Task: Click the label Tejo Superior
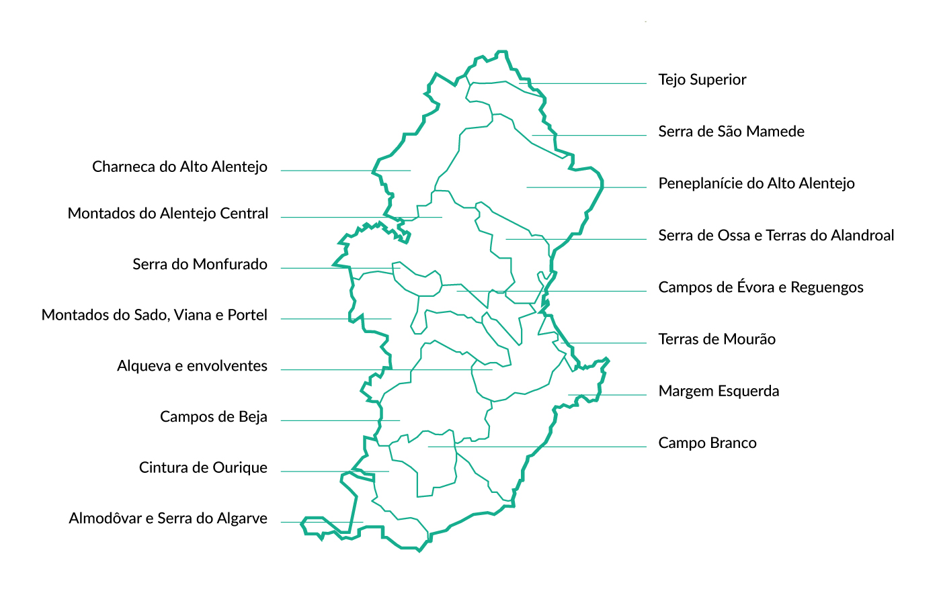[702, 80]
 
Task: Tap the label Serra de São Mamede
[731, 132]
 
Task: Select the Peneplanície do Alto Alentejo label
[756, 183]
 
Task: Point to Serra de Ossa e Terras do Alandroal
[776, 236]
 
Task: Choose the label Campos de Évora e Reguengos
[760, 287]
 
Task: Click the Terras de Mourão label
[717, 339]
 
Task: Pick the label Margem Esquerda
[719, 392]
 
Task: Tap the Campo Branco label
[707, 443]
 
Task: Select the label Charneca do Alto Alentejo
[179, 167]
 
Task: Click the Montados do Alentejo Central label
[168, 214]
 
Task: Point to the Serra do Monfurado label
[200, 265]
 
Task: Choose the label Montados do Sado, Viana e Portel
[154, 316]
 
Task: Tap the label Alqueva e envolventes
[192, 366]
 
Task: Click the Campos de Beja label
[213, 417]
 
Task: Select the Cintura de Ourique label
[203, 468]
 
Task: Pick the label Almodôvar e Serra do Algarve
[167, 518]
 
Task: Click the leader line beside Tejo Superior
[585, 84]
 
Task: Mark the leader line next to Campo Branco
[538, 447]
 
